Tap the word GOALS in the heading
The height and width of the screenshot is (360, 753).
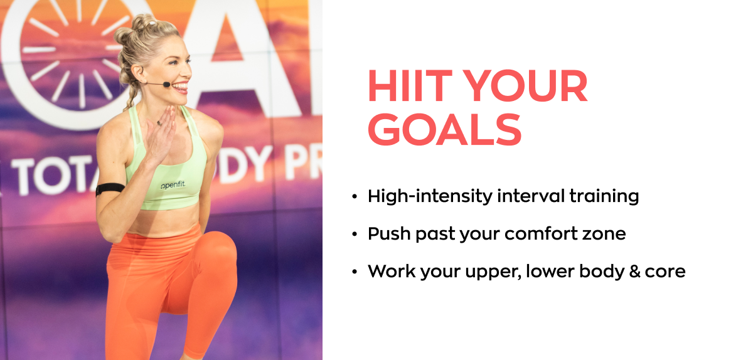click(444, 130)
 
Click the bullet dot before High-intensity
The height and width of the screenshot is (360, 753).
click(355, 197)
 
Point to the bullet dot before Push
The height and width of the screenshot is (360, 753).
click(355, 235)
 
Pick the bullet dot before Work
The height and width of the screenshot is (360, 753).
click(355, 272)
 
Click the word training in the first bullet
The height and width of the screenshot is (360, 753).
click(604, 197)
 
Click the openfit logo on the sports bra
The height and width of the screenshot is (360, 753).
click(176, 186)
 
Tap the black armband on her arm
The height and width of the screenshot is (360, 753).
click(110, 188)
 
